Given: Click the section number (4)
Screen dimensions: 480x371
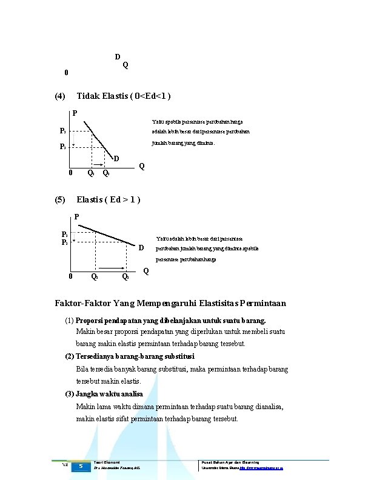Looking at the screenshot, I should pos(60,96).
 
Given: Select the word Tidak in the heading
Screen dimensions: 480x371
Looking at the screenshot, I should pos(89,96).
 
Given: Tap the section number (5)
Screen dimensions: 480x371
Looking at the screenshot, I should pos(60,200).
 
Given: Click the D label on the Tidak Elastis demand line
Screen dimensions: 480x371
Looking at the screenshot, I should pos(116,159).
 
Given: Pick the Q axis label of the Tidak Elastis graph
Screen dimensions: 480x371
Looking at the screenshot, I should pos(141,166).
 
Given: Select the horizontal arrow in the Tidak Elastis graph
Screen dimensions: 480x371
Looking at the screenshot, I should pos(98,164).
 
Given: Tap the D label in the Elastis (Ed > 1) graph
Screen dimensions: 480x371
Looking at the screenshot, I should pos(141,248).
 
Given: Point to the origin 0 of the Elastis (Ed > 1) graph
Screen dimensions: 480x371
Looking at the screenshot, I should pos(71,278).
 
